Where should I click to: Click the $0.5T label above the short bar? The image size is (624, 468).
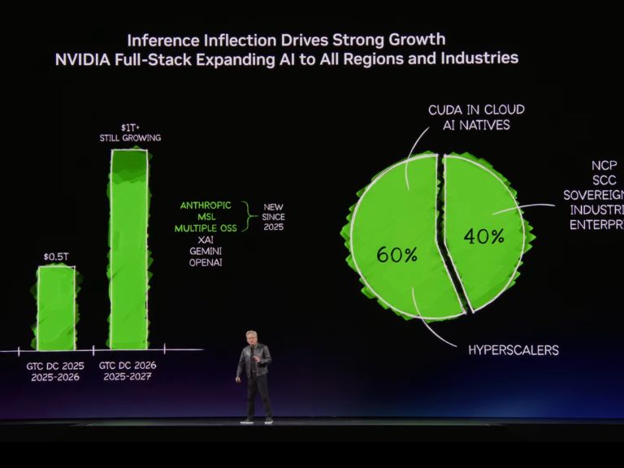pyautogui.click(x=56, y=257)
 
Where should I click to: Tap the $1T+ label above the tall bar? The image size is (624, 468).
pyautogui.click(x=129, y=128)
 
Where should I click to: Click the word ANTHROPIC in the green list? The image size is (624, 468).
pyautogui.click(x=206, y=206)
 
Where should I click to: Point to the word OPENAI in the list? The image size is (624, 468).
pyautogui.click(x=206, y=262)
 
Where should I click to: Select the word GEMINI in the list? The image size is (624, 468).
pyautogui.click(x=206, y=251)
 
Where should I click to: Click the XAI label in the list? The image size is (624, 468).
pyautogui.click(x=206, y=240)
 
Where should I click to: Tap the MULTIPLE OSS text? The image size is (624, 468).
pyautogui.click(x=206, y=228)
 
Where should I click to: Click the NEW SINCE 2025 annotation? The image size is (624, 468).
pyautogui.click(x=273, y=217)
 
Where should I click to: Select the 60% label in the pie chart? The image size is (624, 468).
pyautogui.click(x=396, y=254)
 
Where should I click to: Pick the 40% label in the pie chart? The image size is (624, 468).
pyautogui.click(x=483, y=236)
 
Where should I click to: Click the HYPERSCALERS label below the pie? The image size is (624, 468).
pyautogui.click(x=513, y=350)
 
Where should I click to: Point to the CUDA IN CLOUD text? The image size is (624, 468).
pyautogui.click(x=476, y=110)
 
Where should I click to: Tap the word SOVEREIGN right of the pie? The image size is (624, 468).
pyautogui.click(x=592, y=195)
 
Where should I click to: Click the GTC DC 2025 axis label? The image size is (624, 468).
pyautogui.click(x=55, y=366)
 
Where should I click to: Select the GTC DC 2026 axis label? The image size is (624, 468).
pyautogui.click(x=128, y=366)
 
